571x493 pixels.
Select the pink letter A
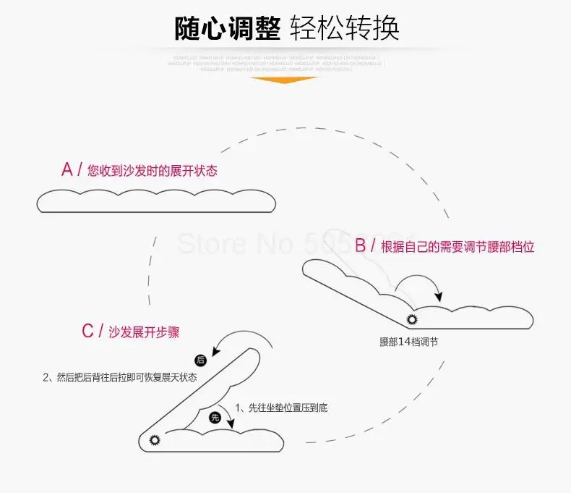click(x=67, y=170)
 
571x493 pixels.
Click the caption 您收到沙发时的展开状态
click(x=152, y=172)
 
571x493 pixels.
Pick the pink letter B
click(x=361, y=245)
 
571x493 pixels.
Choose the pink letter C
click(x=87, y=332)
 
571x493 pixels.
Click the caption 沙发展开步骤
click(x=144, y=333)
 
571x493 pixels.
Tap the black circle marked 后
click(x=200, y=360)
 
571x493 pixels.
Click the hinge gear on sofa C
click(x=153, y=439)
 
